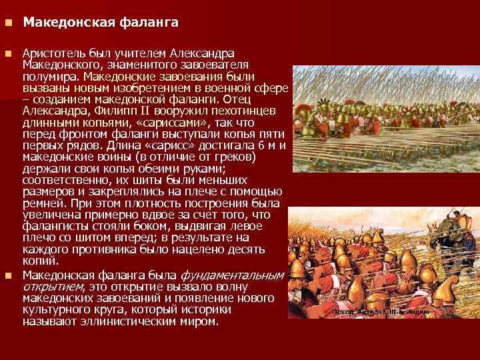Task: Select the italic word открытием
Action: point(53,286)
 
